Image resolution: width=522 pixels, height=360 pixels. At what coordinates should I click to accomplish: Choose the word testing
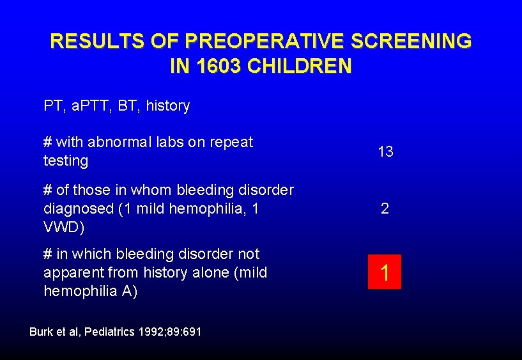coord(65,160)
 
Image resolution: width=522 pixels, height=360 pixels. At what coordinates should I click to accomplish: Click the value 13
coord(385,152)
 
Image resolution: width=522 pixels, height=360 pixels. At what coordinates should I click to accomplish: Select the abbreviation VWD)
coord(63,227)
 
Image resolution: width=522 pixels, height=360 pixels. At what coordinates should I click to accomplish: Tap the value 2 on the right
coord(385,208)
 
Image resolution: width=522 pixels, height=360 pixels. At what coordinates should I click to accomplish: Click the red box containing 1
coord(385,272)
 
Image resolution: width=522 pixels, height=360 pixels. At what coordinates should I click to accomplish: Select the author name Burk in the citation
coord(42,332)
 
